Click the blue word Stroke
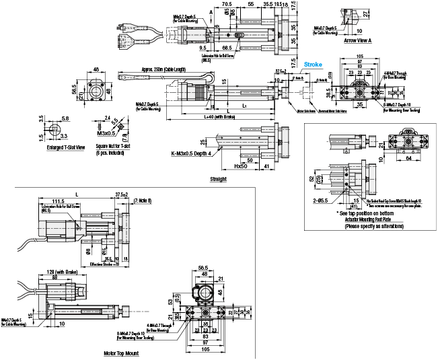pos(314,65)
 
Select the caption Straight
pos(218,180)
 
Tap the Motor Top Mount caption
pos(122,353)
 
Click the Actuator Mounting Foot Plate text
pos(369,220)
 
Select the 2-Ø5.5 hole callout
pos(320,200)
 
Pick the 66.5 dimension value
pos(227,48)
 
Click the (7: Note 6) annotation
pos(143,200)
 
